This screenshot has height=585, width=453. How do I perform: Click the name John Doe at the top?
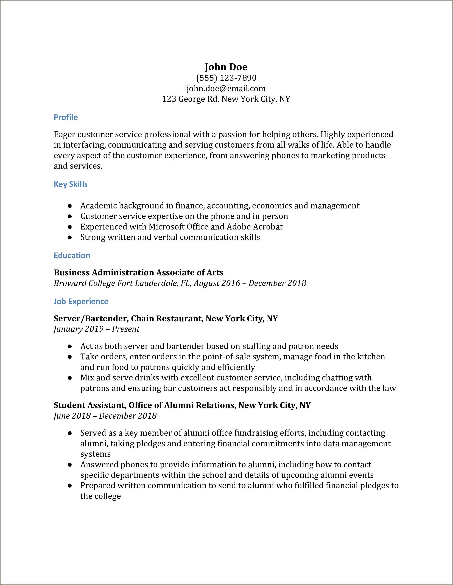coord(226,67)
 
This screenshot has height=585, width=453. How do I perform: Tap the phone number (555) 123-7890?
coord(226,78)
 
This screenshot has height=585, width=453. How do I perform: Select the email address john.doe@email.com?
coord(226,89)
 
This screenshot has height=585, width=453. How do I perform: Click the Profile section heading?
coord(66,117)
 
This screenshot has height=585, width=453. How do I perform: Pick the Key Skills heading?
coord(71,184)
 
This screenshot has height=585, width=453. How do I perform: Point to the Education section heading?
coord(72,256)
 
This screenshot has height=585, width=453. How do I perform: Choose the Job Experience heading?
coord(81,302)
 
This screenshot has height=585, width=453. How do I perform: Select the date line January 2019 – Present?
coord(97,329)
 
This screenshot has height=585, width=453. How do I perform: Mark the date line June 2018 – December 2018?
coord(105,416)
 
